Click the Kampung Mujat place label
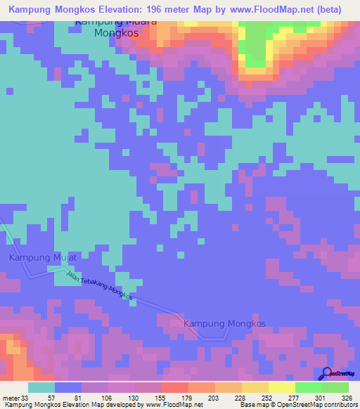coord(38,258)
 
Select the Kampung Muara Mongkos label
coord(115,27)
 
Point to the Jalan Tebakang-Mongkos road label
coord(99,287)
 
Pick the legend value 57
coord(52,398)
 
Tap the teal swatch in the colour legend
coord(41,387)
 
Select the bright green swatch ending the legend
coord(335,387)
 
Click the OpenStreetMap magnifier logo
coord(326,373)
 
